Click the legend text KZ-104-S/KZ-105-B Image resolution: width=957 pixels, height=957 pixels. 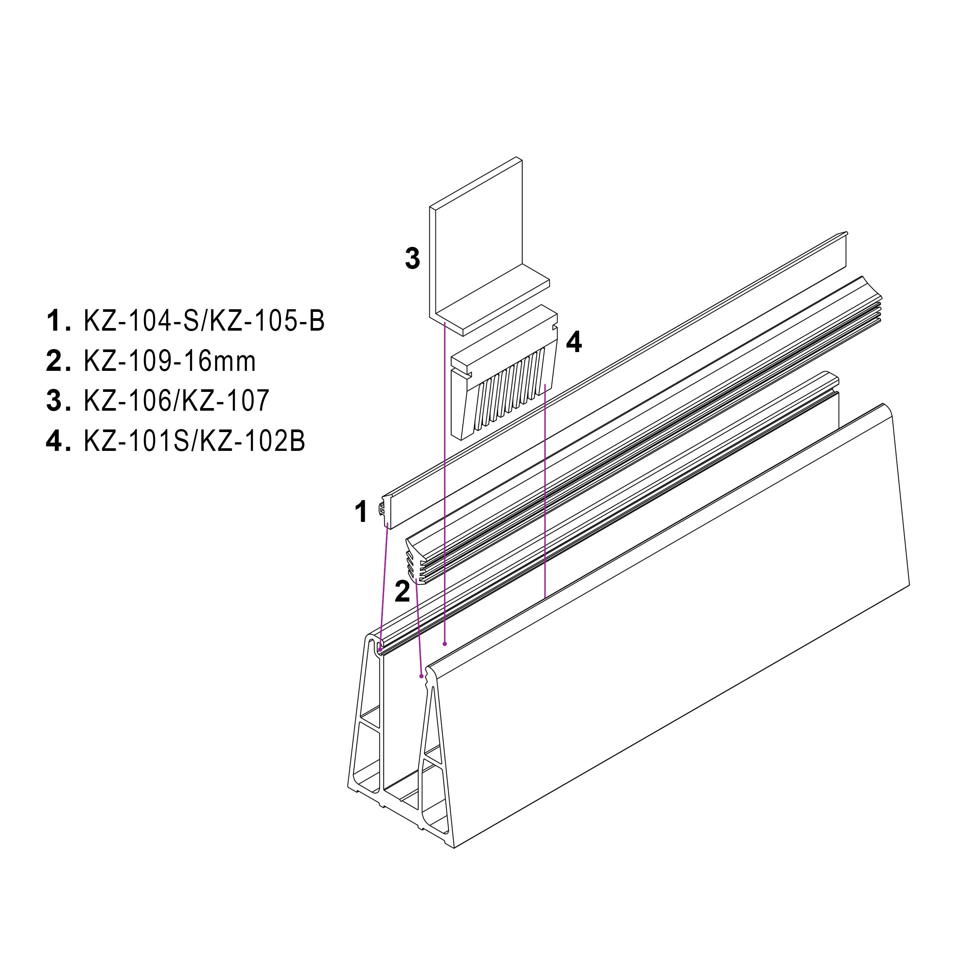pos(204,321)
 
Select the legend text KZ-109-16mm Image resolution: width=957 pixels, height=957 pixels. pos(169,361)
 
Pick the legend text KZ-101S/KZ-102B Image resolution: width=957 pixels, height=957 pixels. pos(194,440)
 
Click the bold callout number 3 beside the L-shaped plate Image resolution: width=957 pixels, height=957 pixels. pos(412,259)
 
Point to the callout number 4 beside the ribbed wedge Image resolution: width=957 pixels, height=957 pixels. pos(574,342)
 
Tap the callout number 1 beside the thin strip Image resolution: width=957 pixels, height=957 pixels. pos(361,512)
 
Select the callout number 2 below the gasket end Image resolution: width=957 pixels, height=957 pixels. pos(402,591)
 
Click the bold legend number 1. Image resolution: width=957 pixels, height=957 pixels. pos(56,321)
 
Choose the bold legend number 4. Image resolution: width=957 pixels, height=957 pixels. pos(56,440)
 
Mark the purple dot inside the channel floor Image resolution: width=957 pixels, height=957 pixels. pos(445,644)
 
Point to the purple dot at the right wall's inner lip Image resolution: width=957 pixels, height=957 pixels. pos(422,676)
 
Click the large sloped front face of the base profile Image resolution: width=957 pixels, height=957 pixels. pos(669,644)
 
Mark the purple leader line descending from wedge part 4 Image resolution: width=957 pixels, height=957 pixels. pos(545,495)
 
